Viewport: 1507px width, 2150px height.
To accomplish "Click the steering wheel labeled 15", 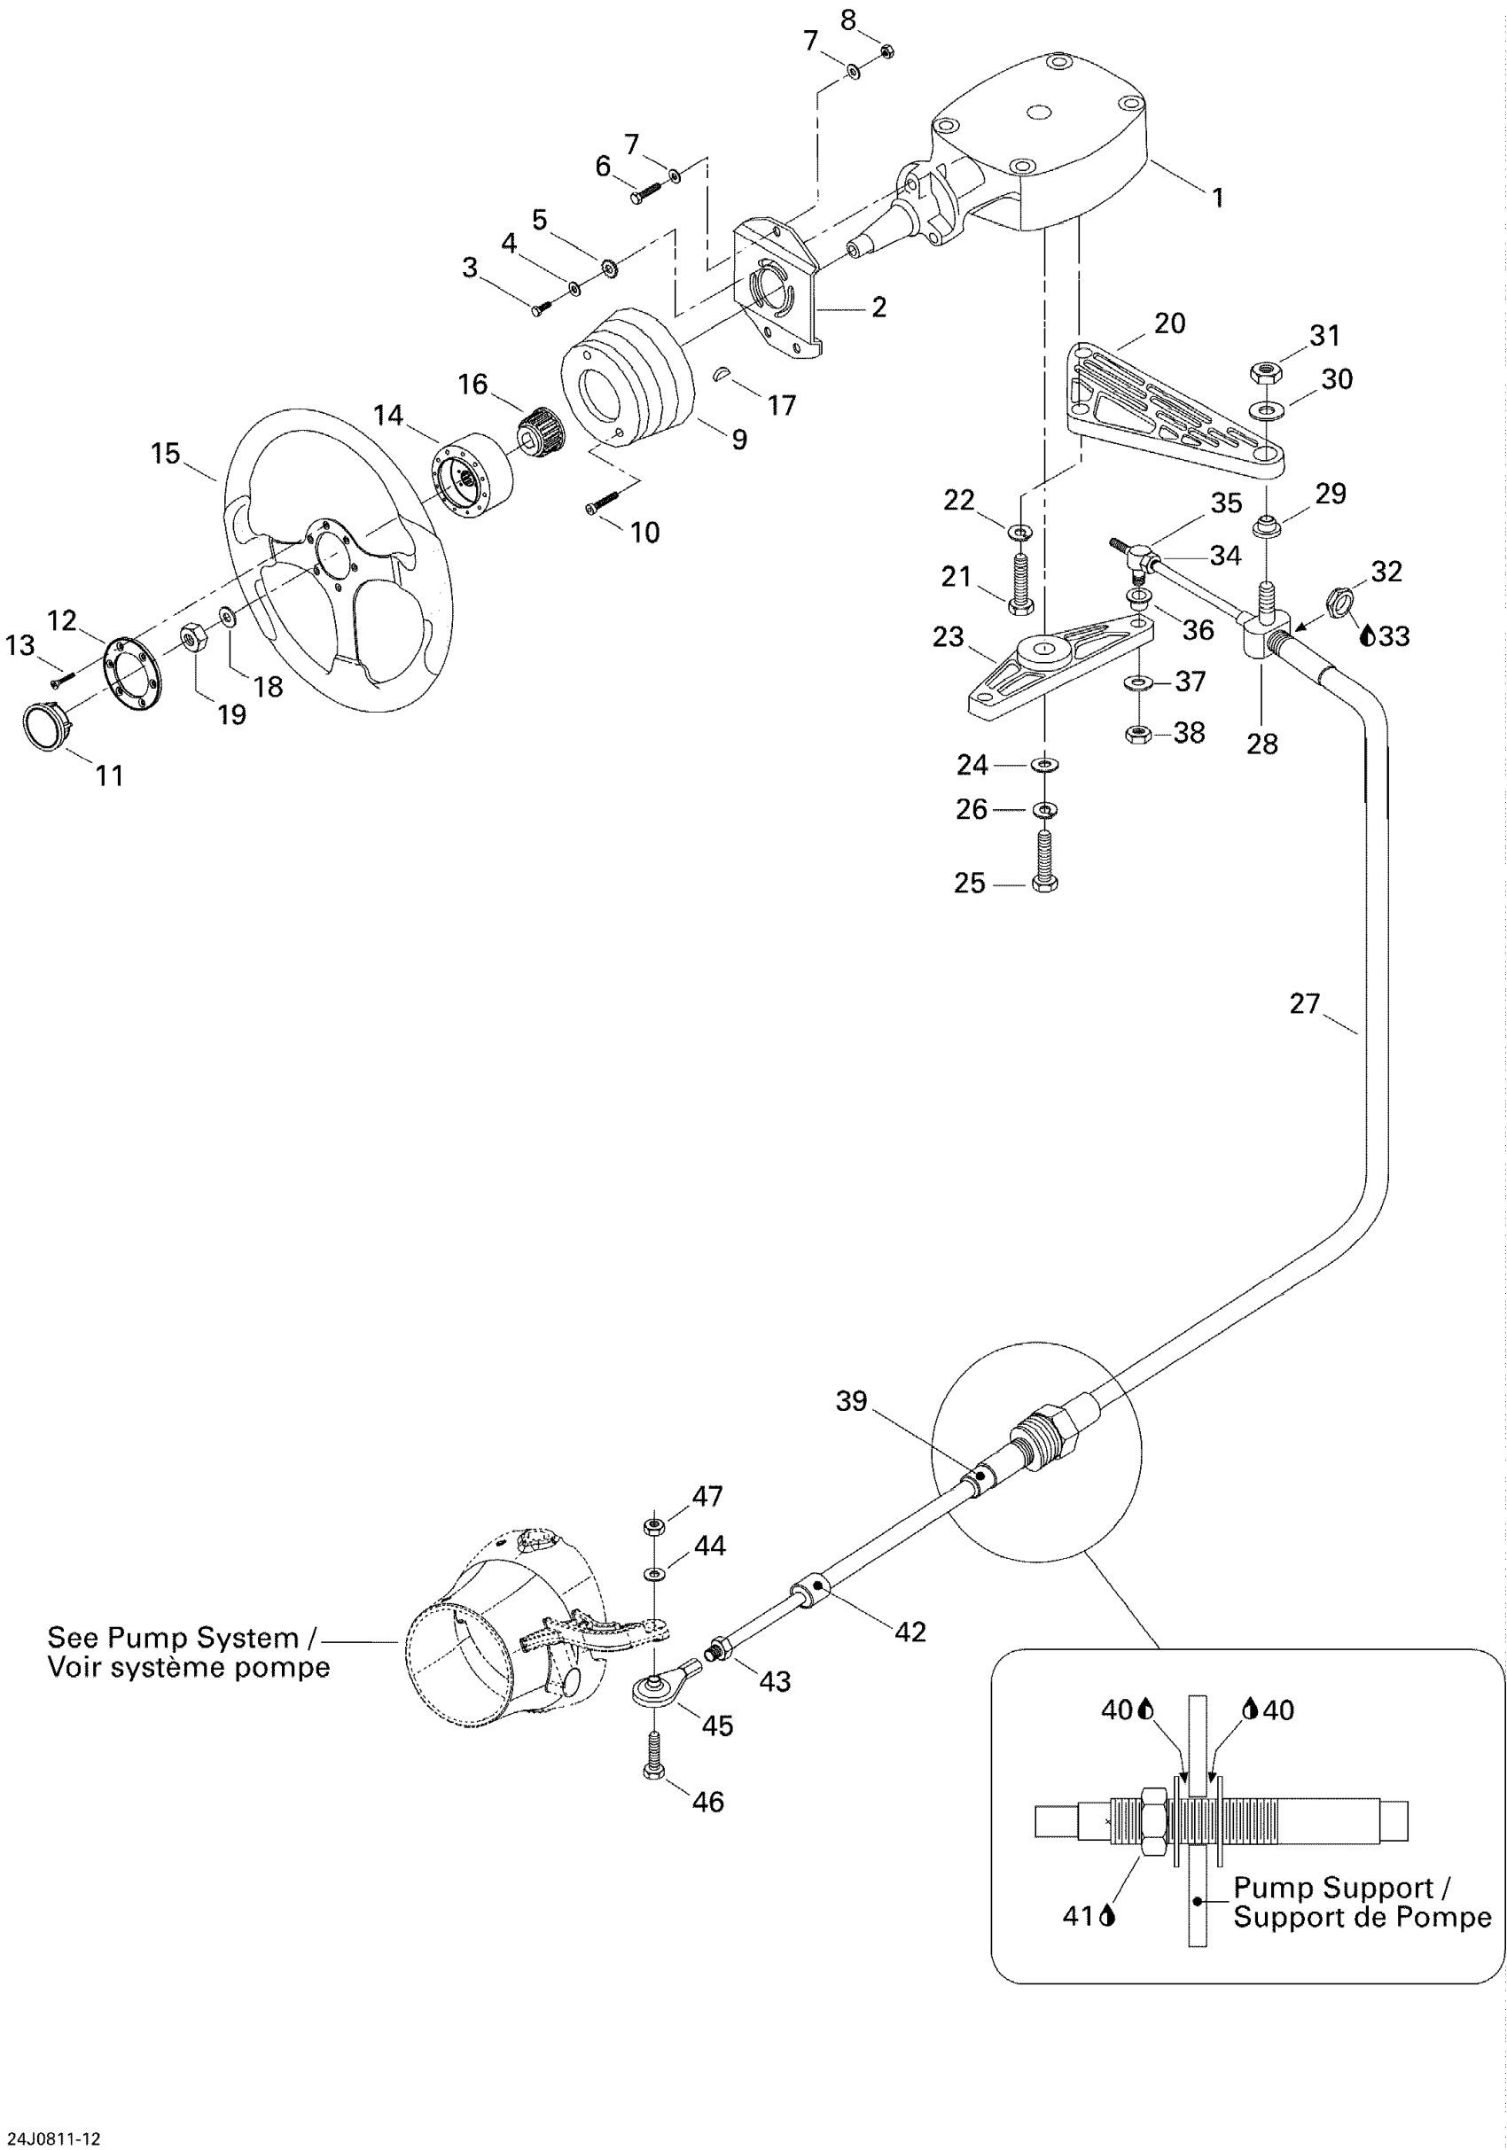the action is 338,560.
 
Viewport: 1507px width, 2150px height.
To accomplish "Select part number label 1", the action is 1218,198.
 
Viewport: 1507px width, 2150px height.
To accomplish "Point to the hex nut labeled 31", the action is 1265,374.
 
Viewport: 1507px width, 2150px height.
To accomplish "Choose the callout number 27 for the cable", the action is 1305,1004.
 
